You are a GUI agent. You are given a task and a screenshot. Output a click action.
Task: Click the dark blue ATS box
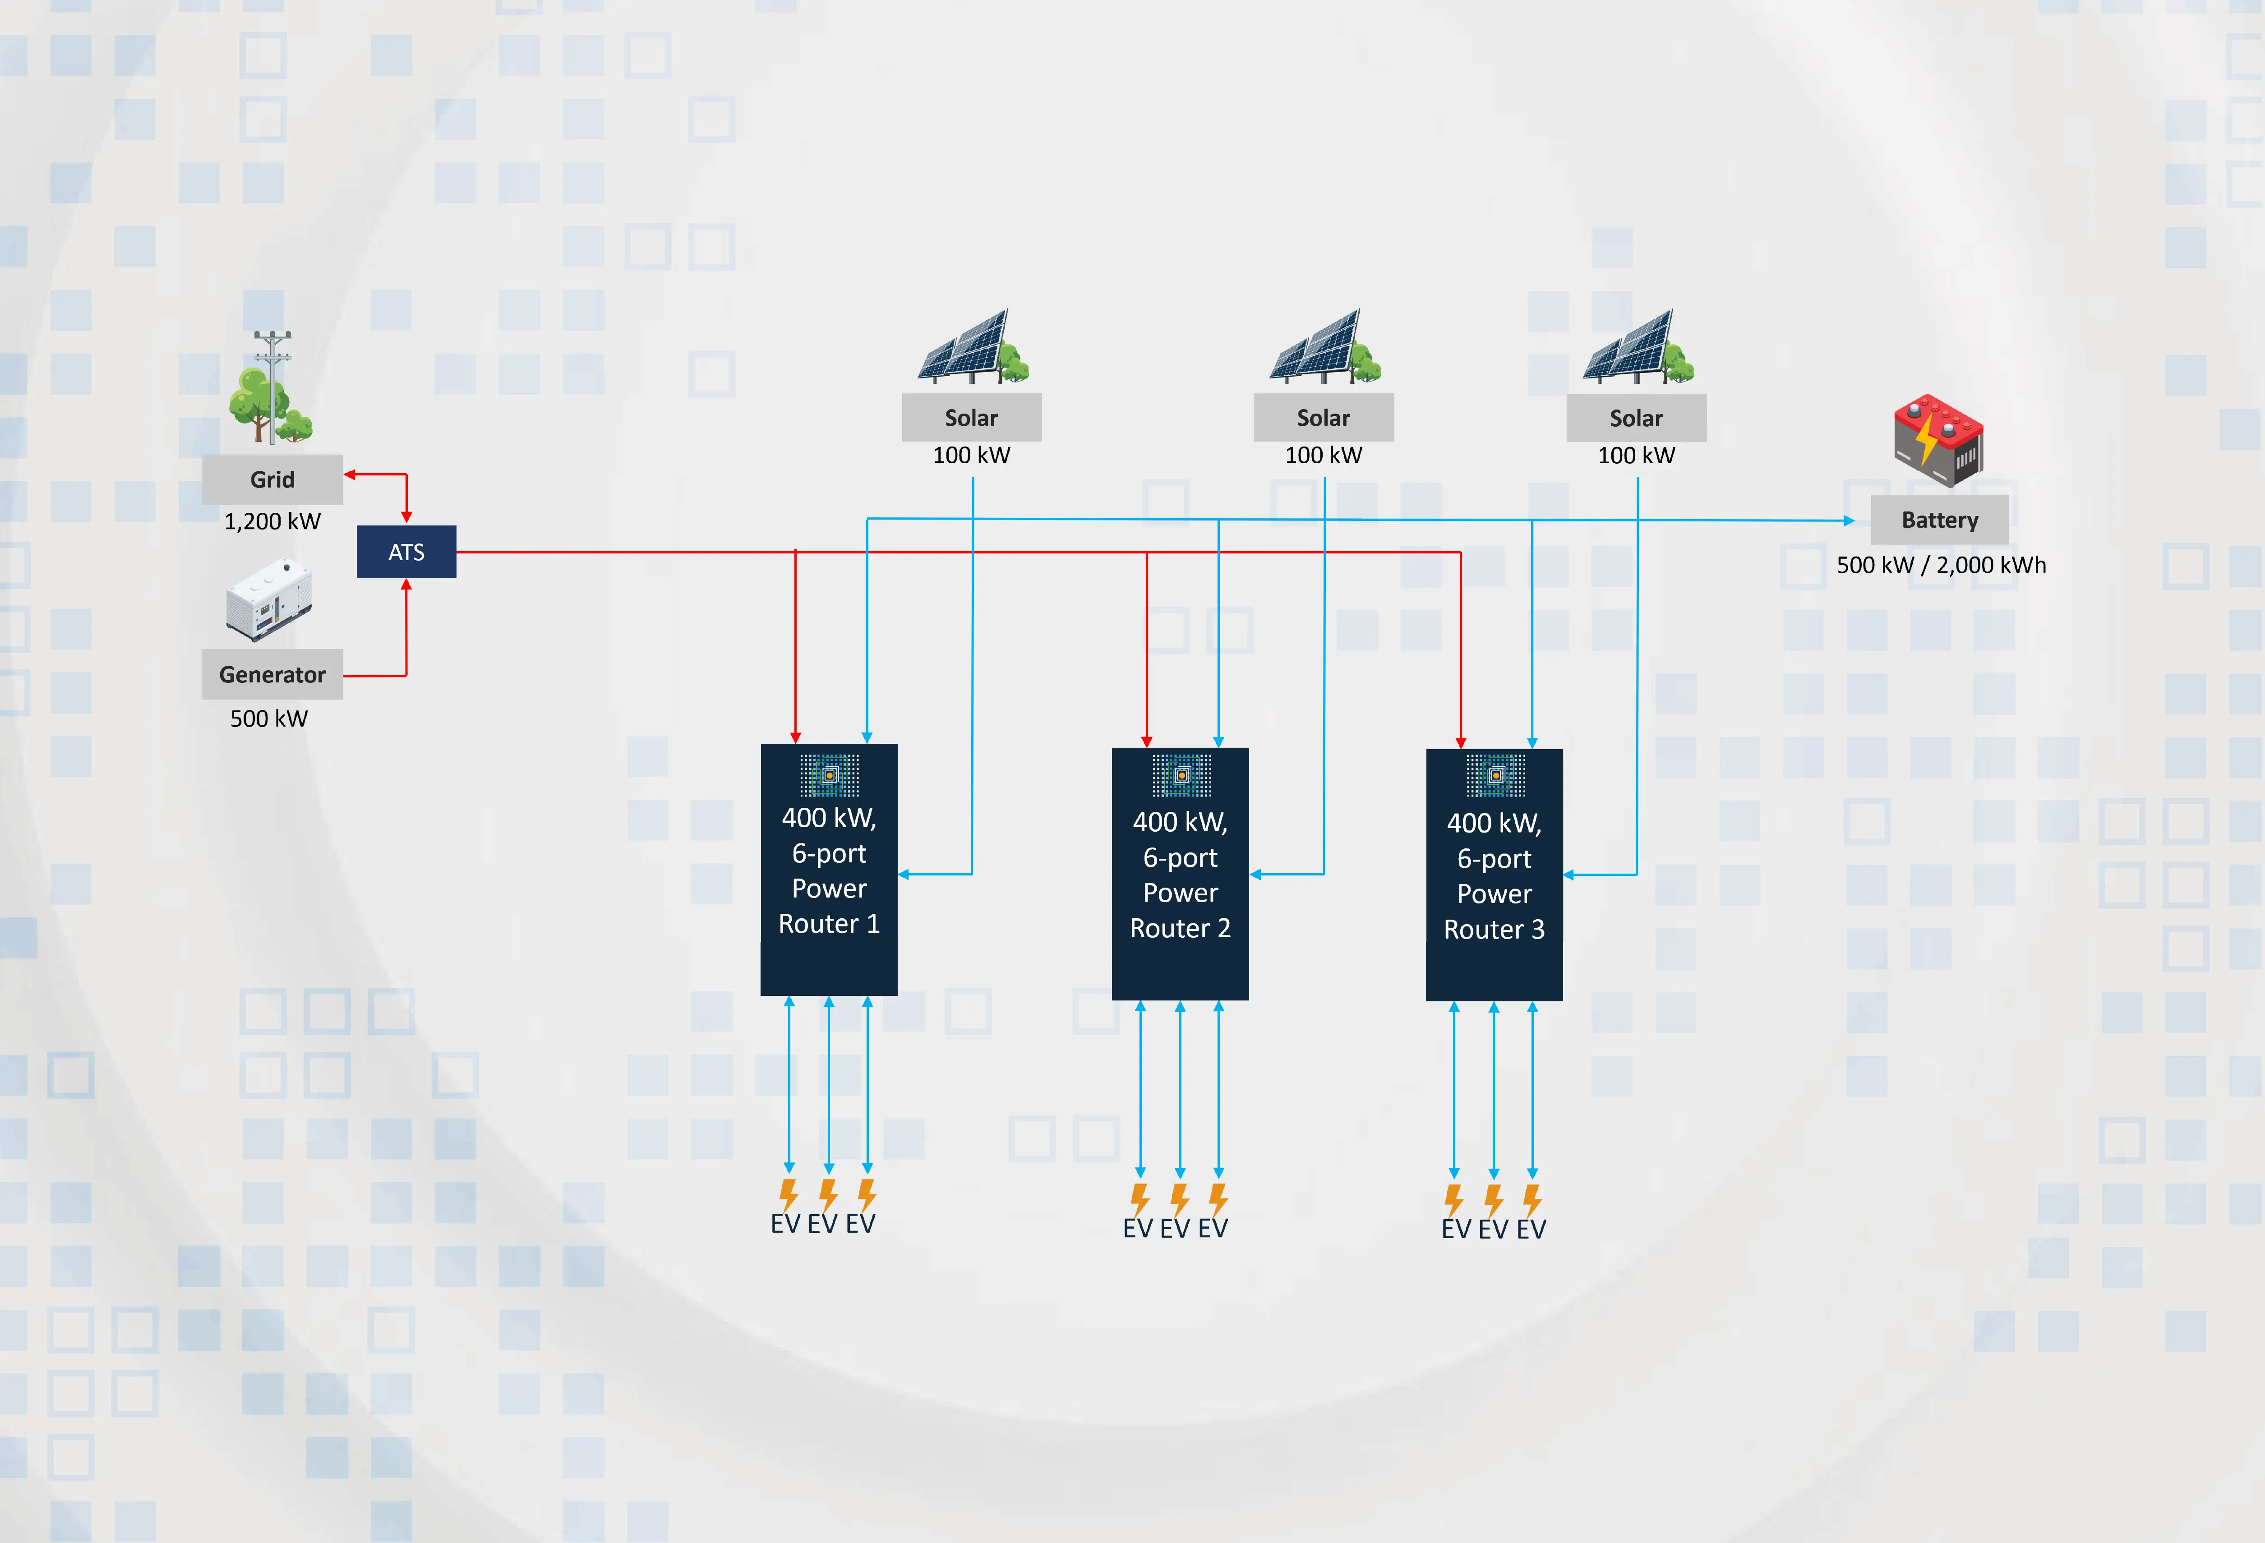406,552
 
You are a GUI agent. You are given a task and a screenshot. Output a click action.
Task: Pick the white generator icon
269,599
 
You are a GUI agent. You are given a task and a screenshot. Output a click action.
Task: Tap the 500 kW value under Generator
269,719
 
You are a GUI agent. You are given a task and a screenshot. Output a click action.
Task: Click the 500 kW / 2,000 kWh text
1941,564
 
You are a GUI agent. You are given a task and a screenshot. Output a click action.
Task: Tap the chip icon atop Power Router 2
1181,775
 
